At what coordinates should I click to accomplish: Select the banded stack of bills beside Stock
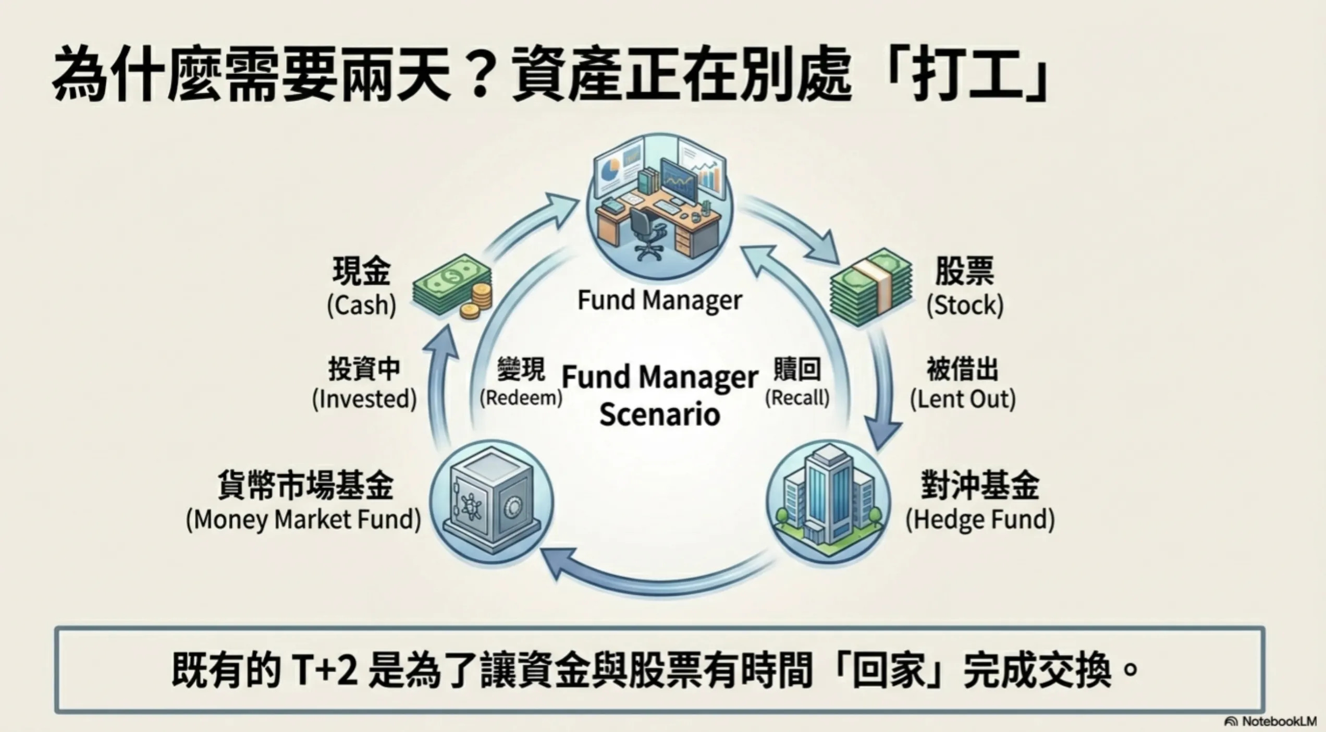[x=870, y=288]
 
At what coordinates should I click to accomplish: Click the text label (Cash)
[x=362, y=306]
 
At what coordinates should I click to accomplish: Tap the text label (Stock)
[x=965, y=306]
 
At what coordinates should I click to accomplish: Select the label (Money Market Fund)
[x=304, y=520]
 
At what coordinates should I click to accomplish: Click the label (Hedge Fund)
[x=980, y=520]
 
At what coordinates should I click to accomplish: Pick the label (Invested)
[x=364, y=399]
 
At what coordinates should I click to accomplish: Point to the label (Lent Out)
[x=963, y=399]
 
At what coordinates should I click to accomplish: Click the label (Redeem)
[x=521, y=398]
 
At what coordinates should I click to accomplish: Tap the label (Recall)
[x=797, y=398]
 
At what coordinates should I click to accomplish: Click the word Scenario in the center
[x=660, y=415]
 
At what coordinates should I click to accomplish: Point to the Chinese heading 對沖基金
[x=980, y=485]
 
